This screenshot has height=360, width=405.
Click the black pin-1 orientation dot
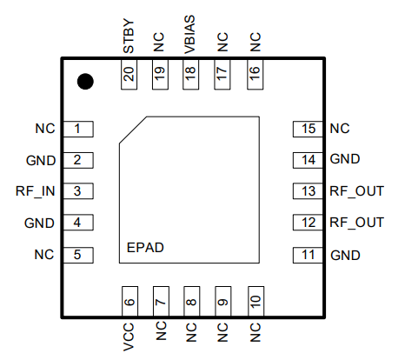pos(85,82)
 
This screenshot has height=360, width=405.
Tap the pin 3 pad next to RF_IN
pos(78,191)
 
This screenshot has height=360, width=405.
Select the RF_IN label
pos(36,191)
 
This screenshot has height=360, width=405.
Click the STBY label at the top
pos(129,37)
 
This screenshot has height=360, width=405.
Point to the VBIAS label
pos(189,35)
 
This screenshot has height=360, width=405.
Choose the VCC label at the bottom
pos(129,337)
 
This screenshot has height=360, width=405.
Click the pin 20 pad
pos(129,74)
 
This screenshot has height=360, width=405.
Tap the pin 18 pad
pos(190,74)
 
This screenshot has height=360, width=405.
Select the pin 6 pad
pos(129,302)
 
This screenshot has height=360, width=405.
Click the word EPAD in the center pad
pos(145,248)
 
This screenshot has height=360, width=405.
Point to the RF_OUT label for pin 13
pos(357,191)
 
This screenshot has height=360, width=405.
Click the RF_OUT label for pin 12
pos(357,223)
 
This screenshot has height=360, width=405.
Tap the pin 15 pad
pos(308,129)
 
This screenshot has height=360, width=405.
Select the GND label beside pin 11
pos(345,256)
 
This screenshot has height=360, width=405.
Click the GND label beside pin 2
pos(41,160)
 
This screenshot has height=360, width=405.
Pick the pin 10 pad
pos(256,302)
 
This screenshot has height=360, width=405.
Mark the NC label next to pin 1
pos(45,129)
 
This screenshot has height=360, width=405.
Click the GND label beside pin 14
pos(345,159)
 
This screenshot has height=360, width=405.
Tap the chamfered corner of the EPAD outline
pos(133,130)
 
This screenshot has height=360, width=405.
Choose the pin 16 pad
pos(256,74)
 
